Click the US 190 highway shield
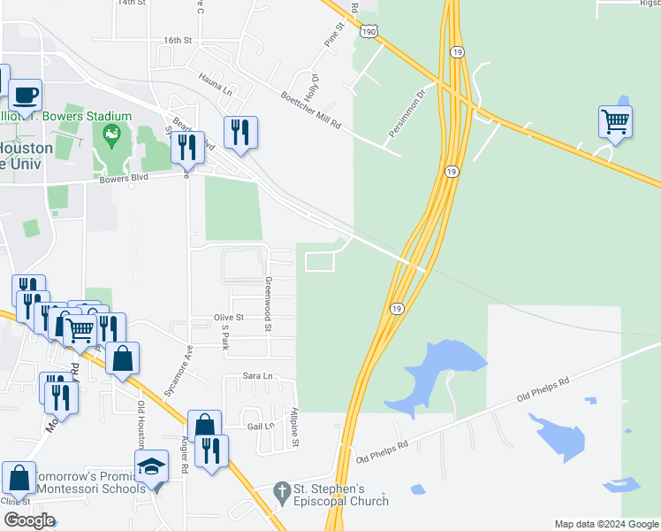[368, 32]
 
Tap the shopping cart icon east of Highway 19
[615, 121]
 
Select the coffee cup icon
[26, 94]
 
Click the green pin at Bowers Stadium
[111, 135]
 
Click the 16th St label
[178, 41]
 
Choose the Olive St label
[228, 318]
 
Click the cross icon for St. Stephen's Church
[282, 490]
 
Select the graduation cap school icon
[152, 466]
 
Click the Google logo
[29, 520]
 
